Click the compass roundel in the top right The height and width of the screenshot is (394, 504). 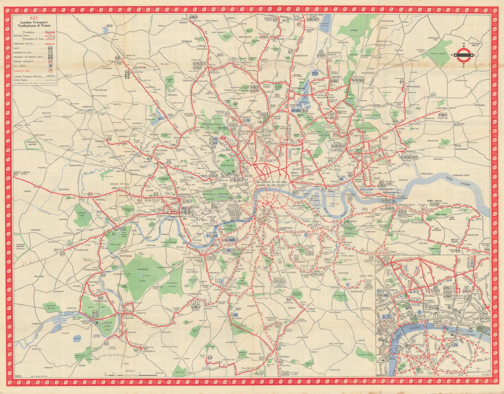point(463,55)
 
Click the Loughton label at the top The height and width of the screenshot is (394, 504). point(387,21)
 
